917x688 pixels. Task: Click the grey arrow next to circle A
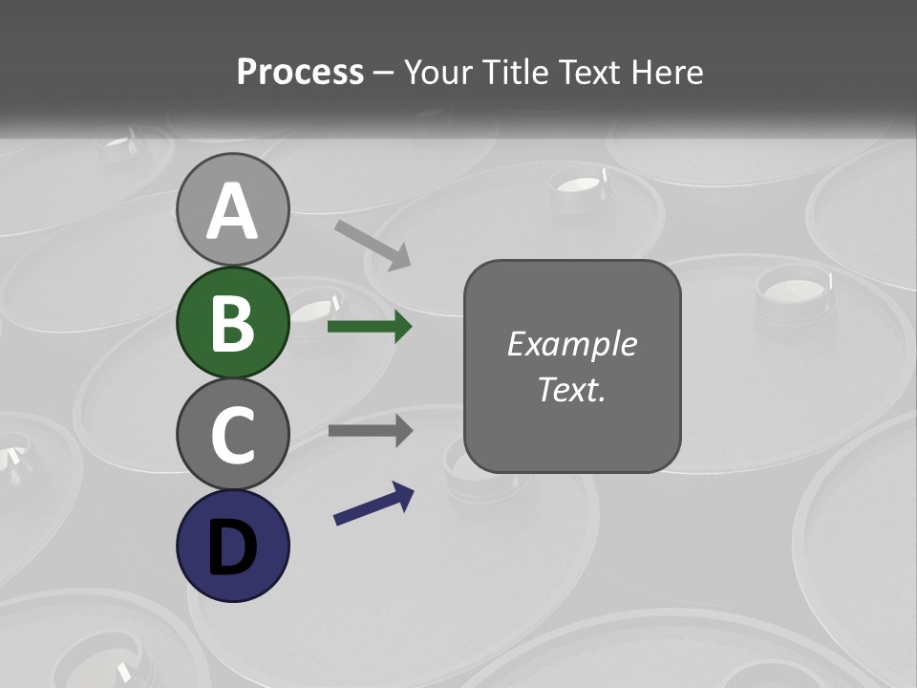[x=373, y=244]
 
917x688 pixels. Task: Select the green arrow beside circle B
[x=369, y=327]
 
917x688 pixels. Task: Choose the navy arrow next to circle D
[x=373, y=504]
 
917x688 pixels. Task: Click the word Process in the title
[x=300, y=73]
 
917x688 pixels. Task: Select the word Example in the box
[x=571, y=344]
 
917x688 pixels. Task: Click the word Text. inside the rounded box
[x=571, y=389]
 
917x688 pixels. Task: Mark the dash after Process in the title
[x=384, y=73]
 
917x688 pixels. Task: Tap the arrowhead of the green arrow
[x=402, y=327]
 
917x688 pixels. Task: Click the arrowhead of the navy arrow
[x=403, y=494]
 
